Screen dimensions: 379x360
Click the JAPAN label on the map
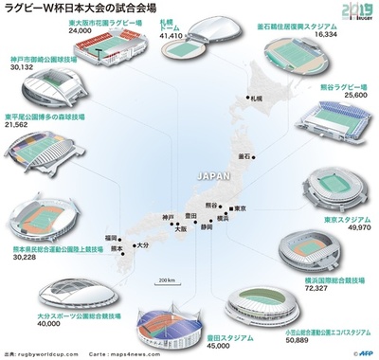210,175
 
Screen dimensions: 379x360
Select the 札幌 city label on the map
255,99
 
